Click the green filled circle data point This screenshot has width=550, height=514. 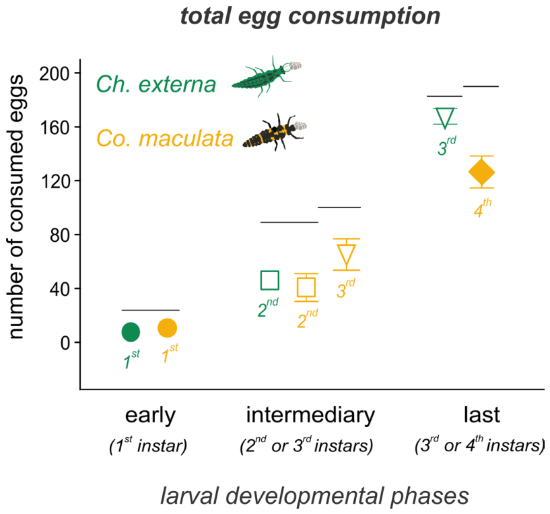[131, 332]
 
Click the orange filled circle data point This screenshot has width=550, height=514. [168, 328]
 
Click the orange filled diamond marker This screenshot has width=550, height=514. [481, 172]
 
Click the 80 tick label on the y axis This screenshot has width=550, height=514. [60, 235]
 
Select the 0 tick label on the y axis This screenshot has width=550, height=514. [65, 343]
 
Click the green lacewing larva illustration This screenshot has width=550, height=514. [267, 76]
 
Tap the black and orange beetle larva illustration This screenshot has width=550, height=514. [275, 132]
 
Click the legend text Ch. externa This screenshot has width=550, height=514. [156, 84]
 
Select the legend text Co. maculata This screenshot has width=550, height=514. [165, 138]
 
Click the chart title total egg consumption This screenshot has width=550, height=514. [310, 16]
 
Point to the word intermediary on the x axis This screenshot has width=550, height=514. [310, 415]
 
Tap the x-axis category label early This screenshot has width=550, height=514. [150, 416]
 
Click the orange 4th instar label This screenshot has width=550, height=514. [483, 208]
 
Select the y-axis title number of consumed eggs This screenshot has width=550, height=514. [15, 207]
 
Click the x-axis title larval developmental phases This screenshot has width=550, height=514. [314, 496]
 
